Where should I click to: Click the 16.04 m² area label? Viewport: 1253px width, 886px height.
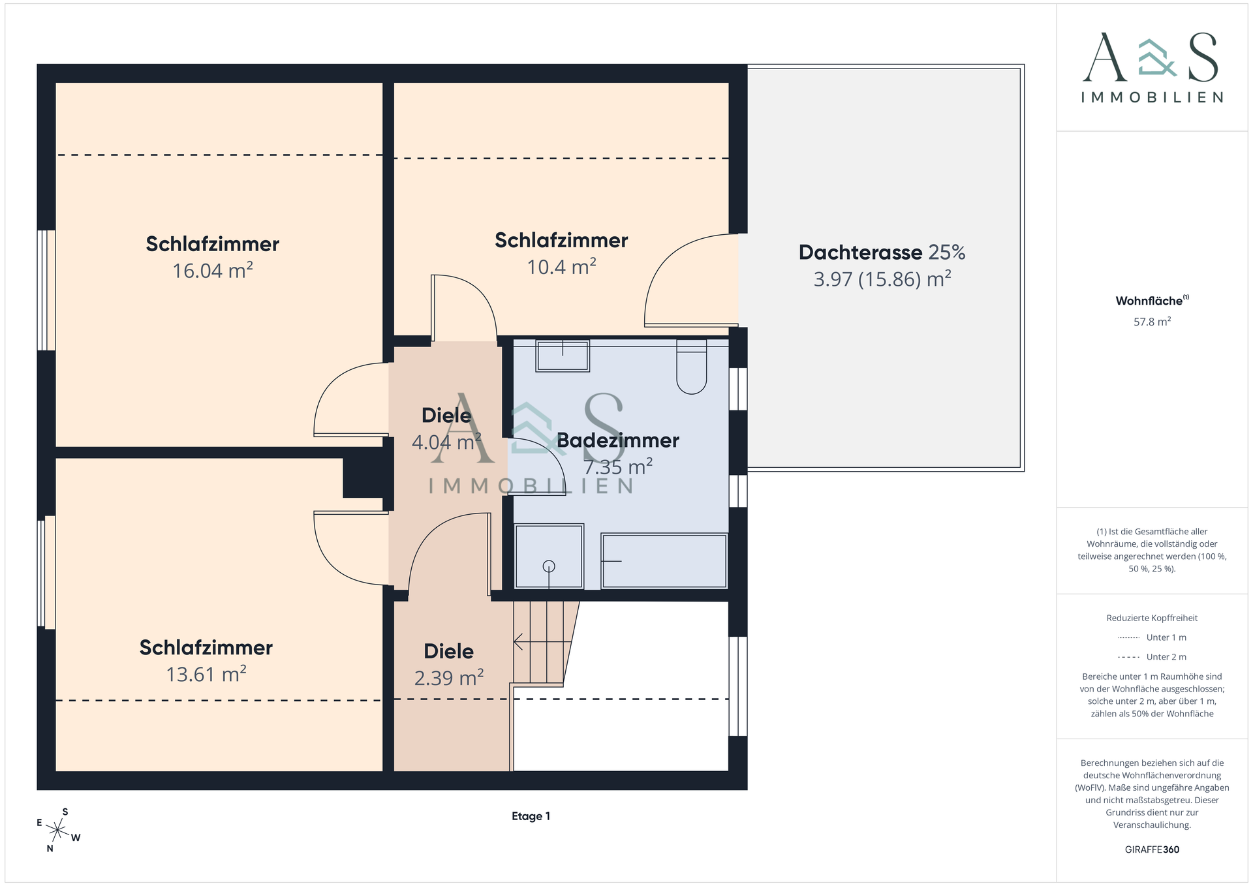coord(213,270)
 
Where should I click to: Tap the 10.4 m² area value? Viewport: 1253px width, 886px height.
coord(562,266)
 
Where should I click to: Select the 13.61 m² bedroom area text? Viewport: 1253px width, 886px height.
coord(206,673)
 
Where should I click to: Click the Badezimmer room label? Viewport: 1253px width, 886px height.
coord(618,440)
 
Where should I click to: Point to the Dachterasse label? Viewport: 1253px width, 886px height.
coord(860,252)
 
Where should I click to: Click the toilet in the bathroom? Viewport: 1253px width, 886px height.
coord(692,366)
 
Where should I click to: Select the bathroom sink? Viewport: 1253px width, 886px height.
coord(563,355)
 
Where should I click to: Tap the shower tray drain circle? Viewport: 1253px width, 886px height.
coord(549,566)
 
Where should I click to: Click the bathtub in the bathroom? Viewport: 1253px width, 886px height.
coord(664,561)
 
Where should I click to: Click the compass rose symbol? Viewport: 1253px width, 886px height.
coord(58,830)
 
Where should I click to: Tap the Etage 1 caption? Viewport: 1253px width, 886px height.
coord(531,816)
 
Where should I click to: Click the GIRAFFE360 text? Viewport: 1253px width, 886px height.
coord(1152,849)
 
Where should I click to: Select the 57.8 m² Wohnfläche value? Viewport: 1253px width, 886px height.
coord(1152,322)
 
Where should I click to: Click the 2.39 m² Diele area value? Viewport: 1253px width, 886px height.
coord(449,678)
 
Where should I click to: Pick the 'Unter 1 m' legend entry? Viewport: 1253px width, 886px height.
coord(1152,637)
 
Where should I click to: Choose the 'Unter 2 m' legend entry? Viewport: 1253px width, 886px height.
coord(1152,657)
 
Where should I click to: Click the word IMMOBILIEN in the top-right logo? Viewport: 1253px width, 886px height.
coord(1152,97)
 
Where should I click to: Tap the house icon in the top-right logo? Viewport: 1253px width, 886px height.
coord(1156,57)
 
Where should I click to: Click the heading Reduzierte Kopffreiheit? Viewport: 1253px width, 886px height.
coord(1152,618)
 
